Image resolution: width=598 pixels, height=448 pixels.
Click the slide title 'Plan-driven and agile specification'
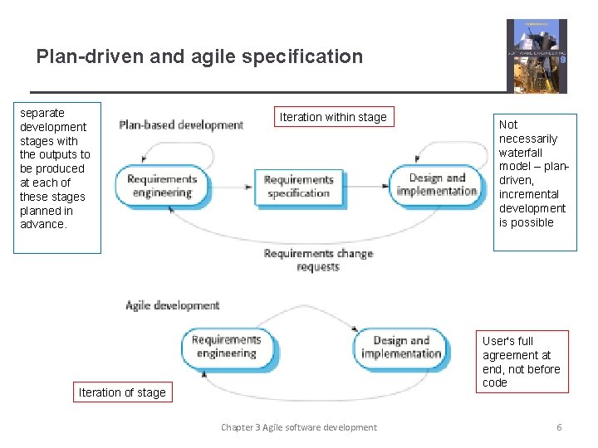[x=199, y=56]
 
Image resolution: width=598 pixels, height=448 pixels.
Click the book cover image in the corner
[x=537, y=56]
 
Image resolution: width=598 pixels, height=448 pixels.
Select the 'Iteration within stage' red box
[x=333, y=117]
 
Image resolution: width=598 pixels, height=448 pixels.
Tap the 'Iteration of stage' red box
[x=122, y=392]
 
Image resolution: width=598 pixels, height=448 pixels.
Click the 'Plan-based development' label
[x=181, y=125]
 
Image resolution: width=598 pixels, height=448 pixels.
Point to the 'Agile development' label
[x=172, y=305]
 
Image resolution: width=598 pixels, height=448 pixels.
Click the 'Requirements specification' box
[x=298, y=187]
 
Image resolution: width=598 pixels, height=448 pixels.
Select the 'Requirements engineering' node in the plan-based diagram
[x=162, y=186]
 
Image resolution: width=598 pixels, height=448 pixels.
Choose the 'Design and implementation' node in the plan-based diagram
[x=437, y=185]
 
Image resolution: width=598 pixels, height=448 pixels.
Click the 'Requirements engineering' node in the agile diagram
[x=226, y=346]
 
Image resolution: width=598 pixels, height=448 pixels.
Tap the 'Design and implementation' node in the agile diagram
[x=401, y=347]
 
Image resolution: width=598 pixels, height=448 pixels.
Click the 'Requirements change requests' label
[x=318, y=260]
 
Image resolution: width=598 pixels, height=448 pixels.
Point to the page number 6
[x=559, y=427]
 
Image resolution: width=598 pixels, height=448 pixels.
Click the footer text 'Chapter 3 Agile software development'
[x=298, y=427]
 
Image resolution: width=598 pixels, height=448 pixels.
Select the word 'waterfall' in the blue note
[x=521, y=153]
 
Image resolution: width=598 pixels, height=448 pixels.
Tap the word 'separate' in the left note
[x=42, y=113]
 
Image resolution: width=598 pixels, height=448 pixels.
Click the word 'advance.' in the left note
[x=43, y=224]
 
